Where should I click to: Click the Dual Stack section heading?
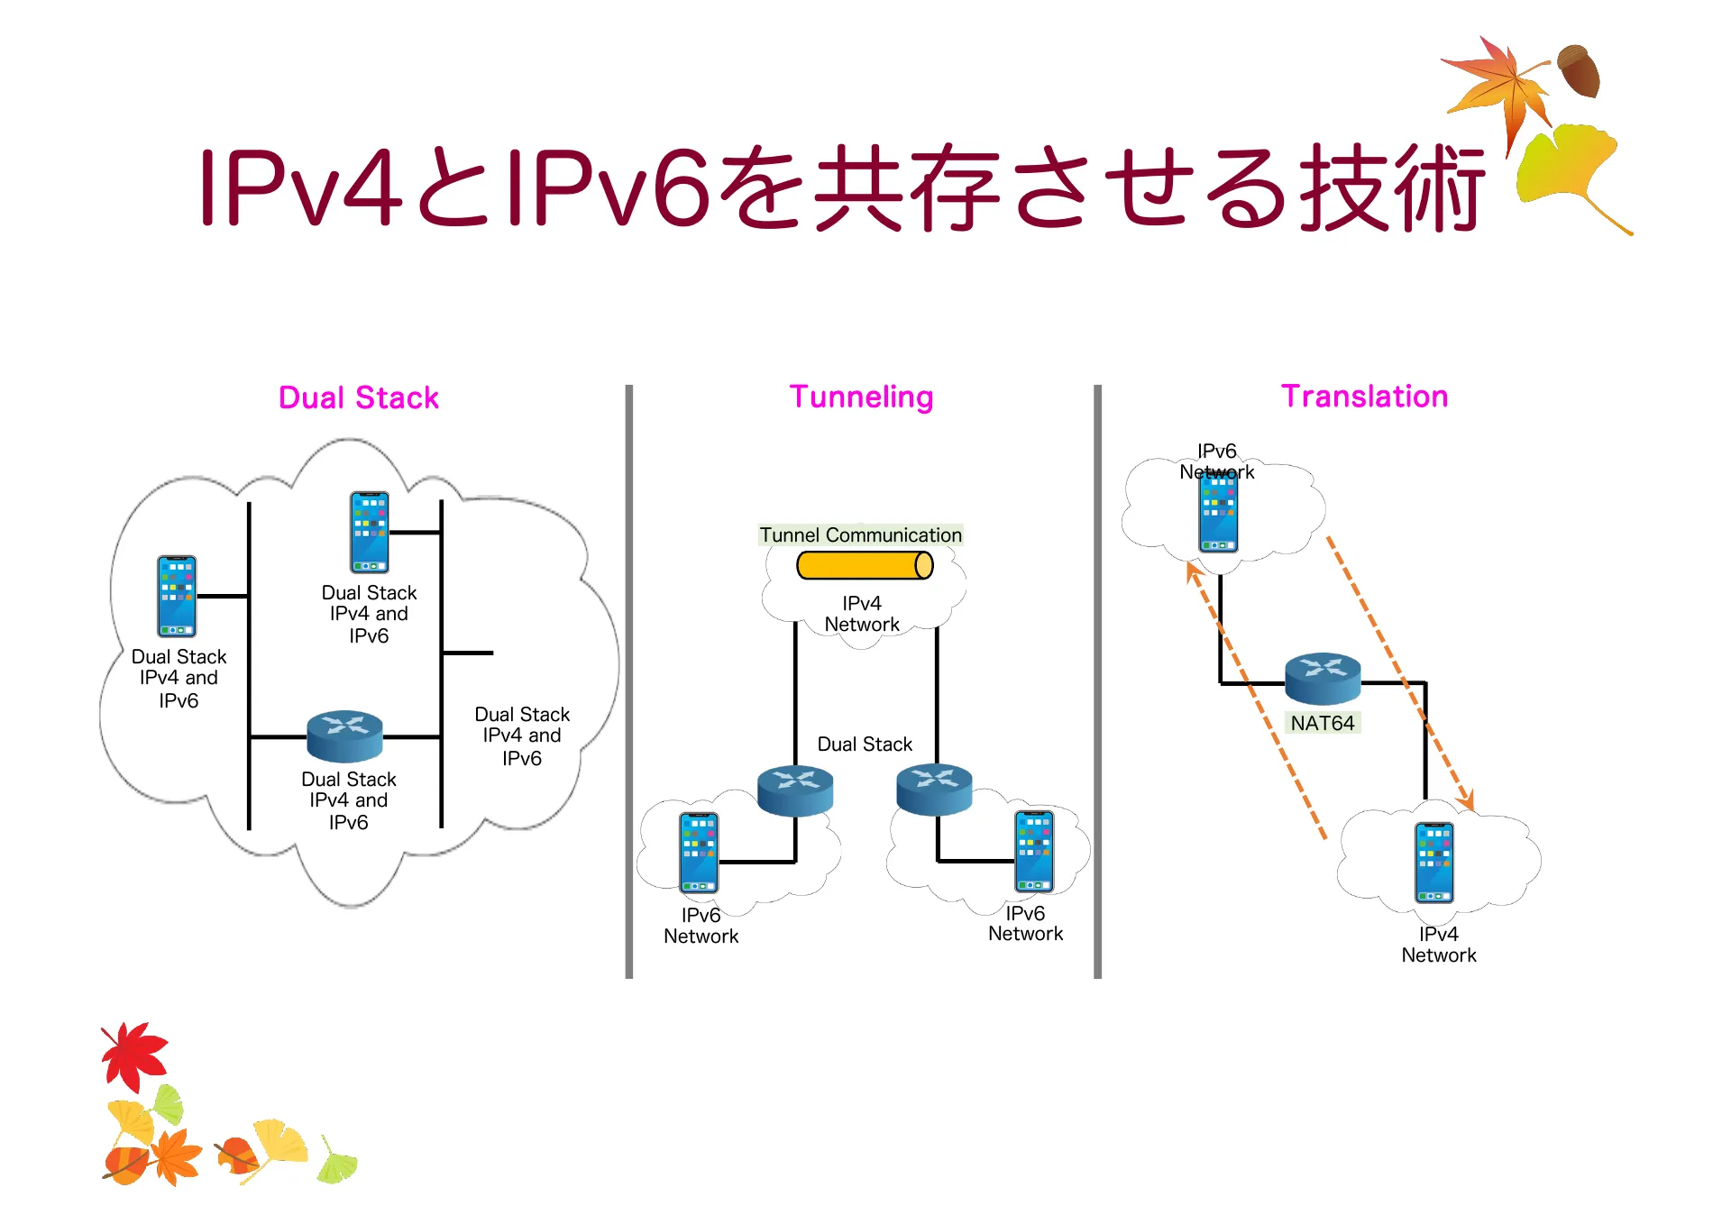click(x=358, y=397)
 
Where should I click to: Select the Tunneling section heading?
click(x=861, y=397)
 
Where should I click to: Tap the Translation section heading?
click(x=1363, y=396)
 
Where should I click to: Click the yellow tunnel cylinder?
click(x=864, y=565)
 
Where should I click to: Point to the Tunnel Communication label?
click(x=860, y=534)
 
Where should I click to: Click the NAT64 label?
click(x=1322, y=723)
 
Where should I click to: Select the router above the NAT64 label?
click(x=1322, y=678)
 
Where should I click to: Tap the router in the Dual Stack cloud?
click(x=344, y=735)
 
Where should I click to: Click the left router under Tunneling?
click(x=794, y=790)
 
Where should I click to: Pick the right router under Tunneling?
click(x=934, y=789)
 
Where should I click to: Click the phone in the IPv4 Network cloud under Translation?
click(x=1433, y=863)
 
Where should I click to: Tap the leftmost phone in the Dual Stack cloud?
click(x=177, y=596)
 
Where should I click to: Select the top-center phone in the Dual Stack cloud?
click(x=370, y=532)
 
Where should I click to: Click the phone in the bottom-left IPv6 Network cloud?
click(x=699, y=853)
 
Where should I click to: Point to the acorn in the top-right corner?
click(x=1580, y=70)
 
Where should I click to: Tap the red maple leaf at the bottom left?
click(x=134, y=1055)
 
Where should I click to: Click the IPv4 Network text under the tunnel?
click(x=861, y=614)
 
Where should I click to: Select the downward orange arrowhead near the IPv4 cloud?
click(x=1466, y=799)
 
